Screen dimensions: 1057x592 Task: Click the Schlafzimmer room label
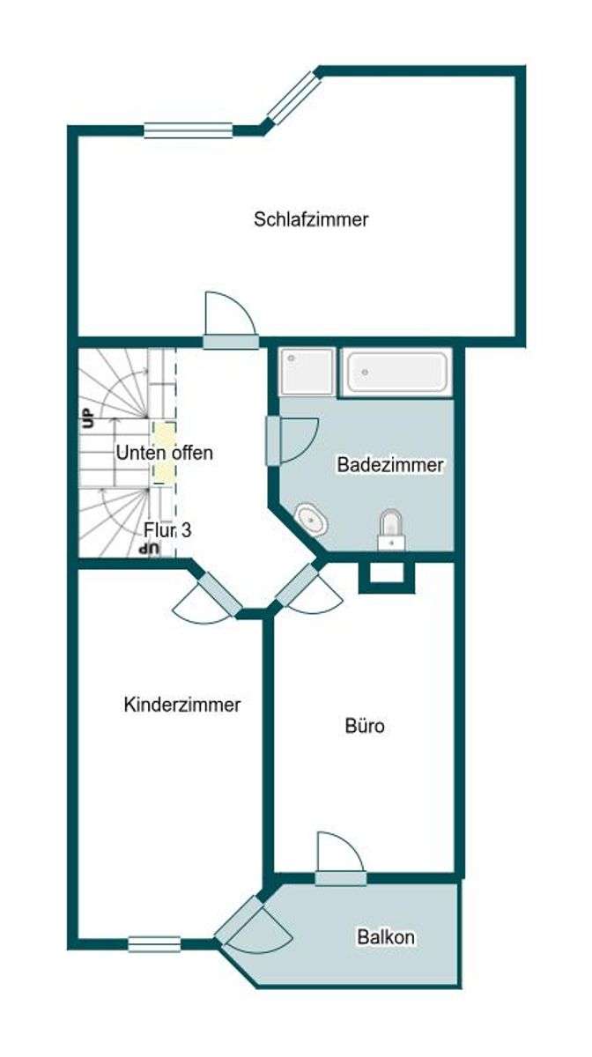pyautogui.click(x=311, y=219)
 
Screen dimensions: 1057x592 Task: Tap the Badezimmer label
pyautogui.click(x=390, y=465)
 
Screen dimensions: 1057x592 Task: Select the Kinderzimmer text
pyautogui.click(x=182, y=705)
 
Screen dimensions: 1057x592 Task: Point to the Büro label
pyautogui.click(x=364, y=728)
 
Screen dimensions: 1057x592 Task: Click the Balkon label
pyautogui.click(x=386, y=937)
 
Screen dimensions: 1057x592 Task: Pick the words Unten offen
pyautogui.click(x=165, y=453)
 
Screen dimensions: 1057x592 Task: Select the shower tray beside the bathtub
pyautogui.click(x=307, y=372)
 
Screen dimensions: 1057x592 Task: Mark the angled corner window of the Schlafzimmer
pyautogui.click(x=292, y=96)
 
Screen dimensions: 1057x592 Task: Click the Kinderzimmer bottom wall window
pyautogui.click(x=154, y=944)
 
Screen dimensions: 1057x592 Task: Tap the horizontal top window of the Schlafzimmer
pyautogui.click(x=189, y=130)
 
